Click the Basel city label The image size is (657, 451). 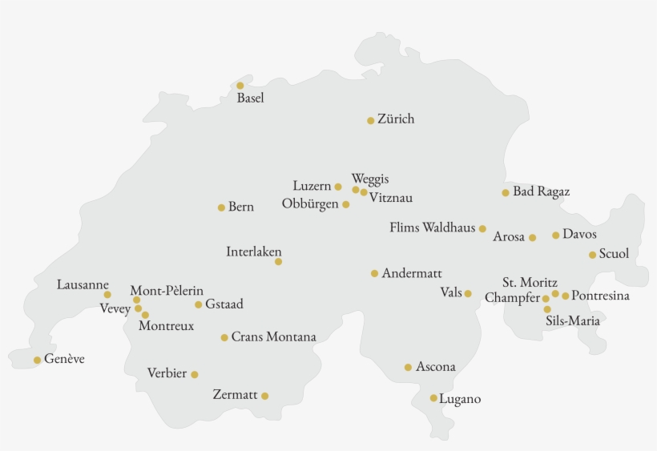[250, 99]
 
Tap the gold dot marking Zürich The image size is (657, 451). [370, 121]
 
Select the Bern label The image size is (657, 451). [240, 207]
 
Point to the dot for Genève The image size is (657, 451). [37, 360]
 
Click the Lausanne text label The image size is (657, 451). [83, 284]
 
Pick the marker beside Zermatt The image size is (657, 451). [264, 396]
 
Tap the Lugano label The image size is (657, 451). [461, 398]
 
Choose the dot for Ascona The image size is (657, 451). [408, 368]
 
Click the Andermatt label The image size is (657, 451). [412, 273]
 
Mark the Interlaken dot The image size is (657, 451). [278, 262]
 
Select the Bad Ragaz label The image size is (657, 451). [542, 192]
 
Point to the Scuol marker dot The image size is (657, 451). [592, 256]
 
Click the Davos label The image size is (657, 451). [579, 234]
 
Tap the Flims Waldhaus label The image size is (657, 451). [433, 228]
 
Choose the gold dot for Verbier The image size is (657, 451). [194, 374]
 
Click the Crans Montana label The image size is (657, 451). [273, 337]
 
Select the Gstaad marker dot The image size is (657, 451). [198, 304]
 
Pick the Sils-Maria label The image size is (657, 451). [573, 321]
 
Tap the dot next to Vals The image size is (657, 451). [468, 294]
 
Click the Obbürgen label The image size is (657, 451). [310, 204]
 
